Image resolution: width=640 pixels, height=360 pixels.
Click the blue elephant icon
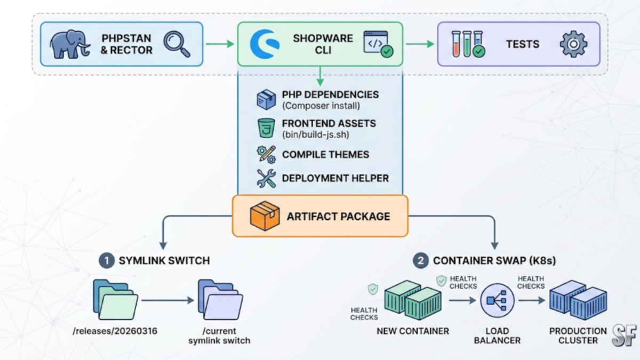[70, 44]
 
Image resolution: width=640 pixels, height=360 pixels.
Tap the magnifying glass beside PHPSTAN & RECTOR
[177, 44]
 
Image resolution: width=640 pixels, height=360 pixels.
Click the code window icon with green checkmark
[377, 44]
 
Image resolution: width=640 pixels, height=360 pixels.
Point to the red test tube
[457, 44]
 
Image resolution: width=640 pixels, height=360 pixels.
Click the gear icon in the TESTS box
[573, 44]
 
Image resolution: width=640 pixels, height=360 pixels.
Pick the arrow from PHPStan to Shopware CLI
[220, 44]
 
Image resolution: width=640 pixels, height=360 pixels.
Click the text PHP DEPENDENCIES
[330, 95]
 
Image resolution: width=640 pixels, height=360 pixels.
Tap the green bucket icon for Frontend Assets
[266, 128]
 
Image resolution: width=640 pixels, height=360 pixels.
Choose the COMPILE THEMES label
[325, 155]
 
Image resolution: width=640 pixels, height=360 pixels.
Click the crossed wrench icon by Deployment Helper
[266, 179]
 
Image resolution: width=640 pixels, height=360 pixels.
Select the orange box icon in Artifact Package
[265, 216]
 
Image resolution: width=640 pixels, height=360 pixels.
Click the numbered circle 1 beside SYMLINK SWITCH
[107, 261]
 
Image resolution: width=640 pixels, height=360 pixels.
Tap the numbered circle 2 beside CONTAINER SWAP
[421, 261]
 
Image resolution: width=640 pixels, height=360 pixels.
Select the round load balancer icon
[497, 301]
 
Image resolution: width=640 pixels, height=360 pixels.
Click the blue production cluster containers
[578, 300]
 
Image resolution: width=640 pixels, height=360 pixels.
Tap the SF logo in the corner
[624, 335]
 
